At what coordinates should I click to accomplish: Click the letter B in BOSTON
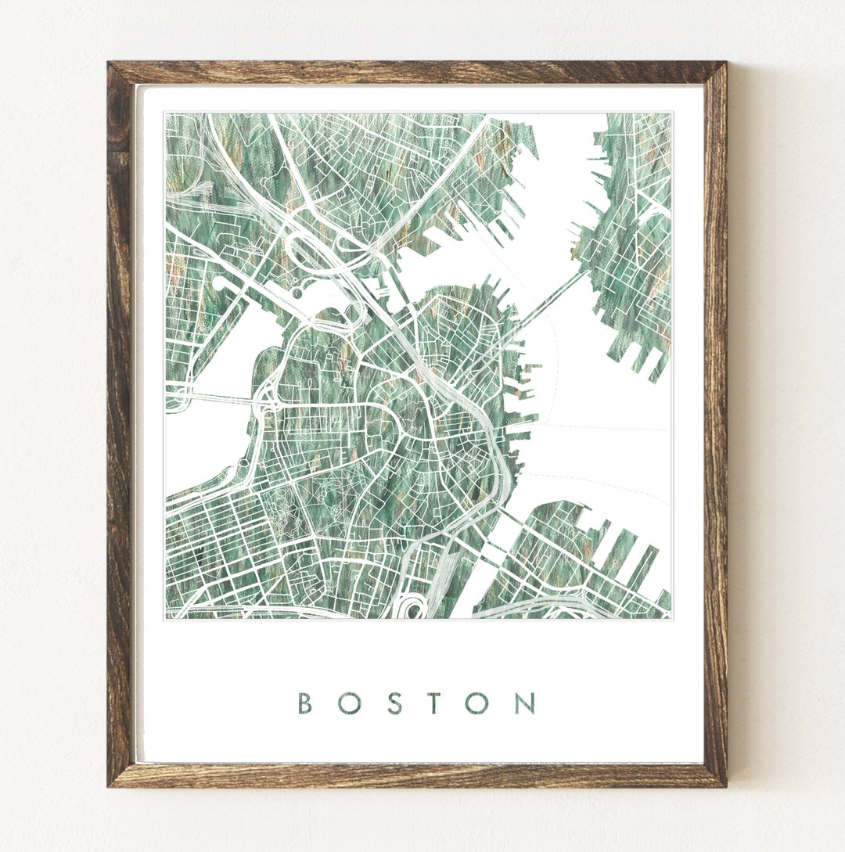(x=305, y=703)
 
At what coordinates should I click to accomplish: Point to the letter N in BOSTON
(x=525, y=703)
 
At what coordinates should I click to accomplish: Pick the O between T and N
(x=476, y=703)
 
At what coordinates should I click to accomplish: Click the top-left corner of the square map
(x=165, y=113)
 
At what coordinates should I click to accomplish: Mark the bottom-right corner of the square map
(x=671, y=618)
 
